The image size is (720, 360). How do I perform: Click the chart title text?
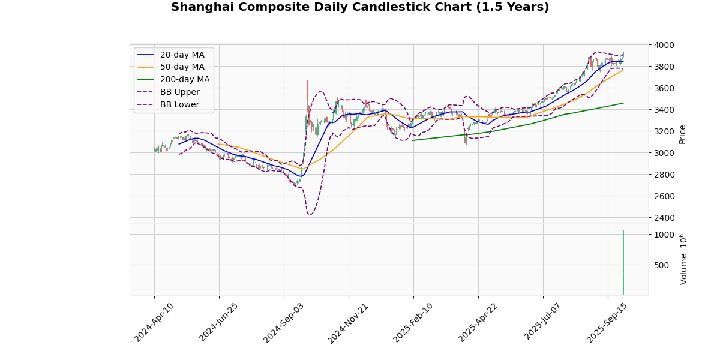pyautogui.click(x=360, y=7)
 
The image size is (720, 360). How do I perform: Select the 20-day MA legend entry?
pyautogui.click(x=182, y=55)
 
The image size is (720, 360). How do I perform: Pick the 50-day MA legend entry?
pyautogui.click(x=182, y=67)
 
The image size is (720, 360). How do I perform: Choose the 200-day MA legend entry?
pyautogui.click(x=185, y=80)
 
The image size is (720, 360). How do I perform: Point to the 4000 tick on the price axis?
pyautogui.click(x=664, y=45)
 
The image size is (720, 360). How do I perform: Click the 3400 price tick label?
pyautogui.click(x=664, y=110)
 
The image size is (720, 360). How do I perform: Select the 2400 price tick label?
pyautogui.click(x=664, y=218)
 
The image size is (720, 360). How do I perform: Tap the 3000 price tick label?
pyautogui.click(x=664, y=153)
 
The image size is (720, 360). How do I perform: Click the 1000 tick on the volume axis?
pyautogui.click(x=664, y=235)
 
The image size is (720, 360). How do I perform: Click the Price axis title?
pyautogui.click(x=682, y=134)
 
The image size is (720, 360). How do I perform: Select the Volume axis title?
pyautogui.click(x=683, y=259)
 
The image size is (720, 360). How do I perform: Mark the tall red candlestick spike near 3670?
pyautogui.click(x=308, y=90)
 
